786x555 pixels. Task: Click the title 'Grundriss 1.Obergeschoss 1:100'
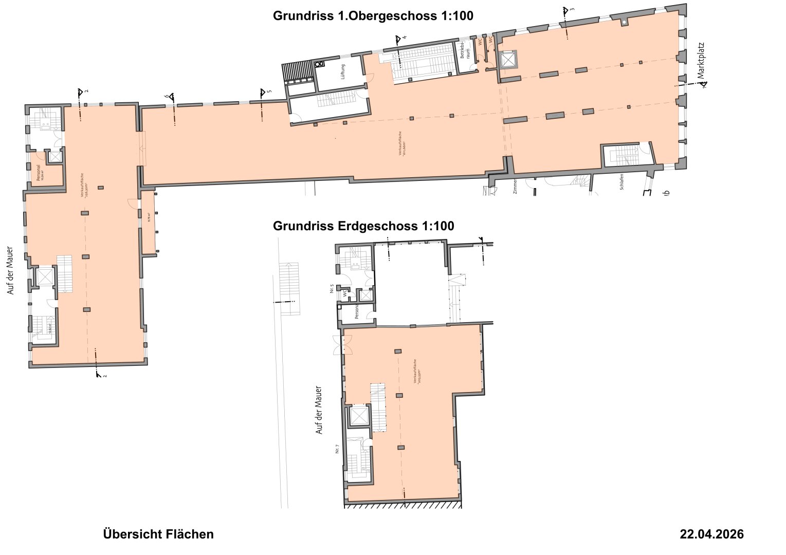pos(373,16)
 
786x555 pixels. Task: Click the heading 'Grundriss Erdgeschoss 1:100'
pos(363,226)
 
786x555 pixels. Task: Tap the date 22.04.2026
pos(711,534)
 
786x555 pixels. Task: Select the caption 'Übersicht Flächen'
pos(158,534)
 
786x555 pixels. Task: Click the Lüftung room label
pos(343,71)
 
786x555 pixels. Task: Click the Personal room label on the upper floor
pos(39,173)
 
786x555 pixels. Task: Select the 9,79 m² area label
pos(149,217)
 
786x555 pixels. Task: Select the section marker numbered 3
pos(566,11)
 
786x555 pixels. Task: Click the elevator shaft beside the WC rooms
pos(507,60)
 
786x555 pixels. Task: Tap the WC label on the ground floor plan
pos(345,294)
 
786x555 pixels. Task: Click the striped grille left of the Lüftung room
pos(297,71)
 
